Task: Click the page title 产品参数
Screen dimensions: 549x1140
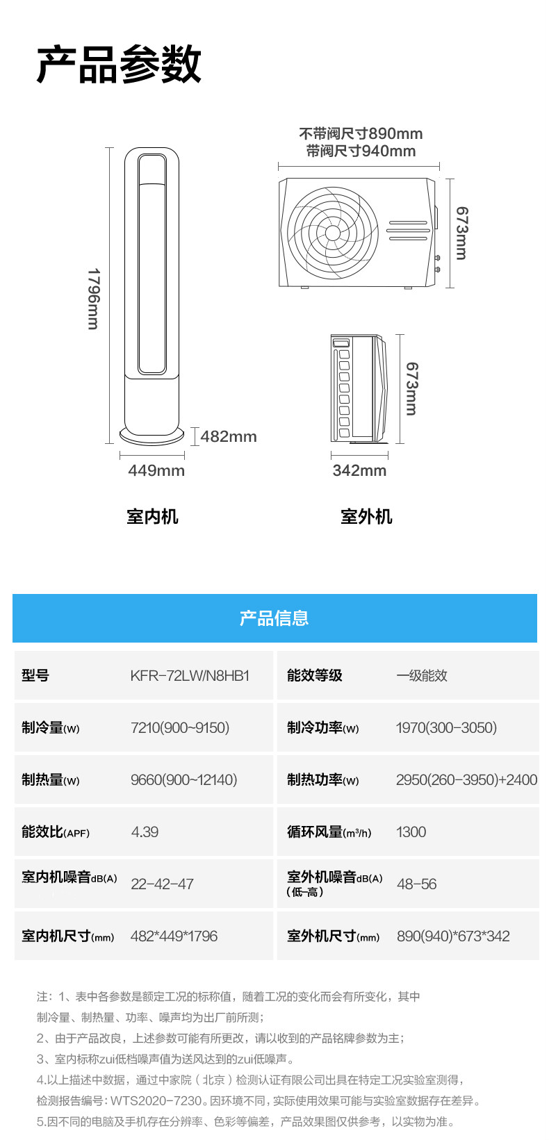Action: tap(119, 64)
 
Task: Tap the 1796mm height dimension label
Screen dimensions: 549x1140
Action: tap(94, 299)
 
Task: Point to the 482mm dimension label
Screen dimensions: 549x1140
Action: tap(229, 436)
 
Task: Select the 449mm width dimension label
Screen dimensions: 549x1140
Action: tap(156, 470)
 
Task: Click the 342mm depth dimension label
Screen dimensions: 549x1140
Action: tap(359, 470)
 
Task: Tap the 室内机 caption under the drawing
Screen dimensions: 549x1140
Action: tap(152, 517)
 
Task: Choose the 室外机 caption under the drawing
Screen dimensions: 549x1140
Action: tap(366, 517)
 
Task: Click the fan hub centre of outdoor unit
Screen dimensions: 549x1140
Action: tap(333, 233)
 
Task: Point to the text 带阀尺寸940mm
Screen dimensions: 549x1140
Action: tap(361, 151)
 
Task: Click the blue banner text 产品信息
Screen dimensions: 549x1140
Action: tap(274, 618)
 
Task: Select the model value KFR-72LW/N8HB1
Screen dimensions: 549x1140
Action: tap(190, 675)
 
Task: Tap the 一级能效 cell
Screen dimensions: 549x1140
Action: tap(422, 675)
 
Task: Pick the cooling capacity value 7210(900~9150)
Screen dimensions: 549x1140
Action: tap(180, 727)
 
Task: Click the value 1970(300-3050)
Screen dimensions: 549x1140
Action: tap(446, 727)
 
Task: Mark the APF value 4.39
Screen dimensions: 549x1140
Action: tap(145, 832)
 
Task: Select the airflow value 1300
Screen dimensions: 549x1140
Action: tap(411, 832)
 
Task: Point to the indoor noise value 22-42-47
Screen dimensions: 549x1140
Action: tap(162, 884)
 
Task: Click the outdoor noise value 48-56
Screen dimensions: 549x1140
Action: tap(416, 884)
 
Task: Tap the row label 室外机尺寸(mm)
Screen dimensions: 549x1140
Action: tap(333, 936)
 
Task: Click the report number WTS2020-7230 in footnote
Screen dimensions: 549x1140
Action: tap(156, 1101)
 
